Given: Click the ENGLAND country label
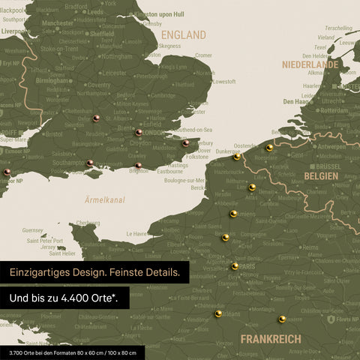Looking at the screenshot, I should click(184, 34).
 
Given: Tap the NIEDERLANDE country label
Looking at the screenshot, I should click(310, 64).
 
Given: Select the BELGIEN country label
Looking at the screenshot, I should click(321, 175).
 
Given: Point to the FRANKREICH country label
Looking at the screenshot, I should click(271, 339).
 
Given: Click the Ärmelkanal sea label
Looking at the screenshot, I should click(104, 200).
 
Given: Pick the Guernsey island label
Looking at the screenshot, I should click(33, 230).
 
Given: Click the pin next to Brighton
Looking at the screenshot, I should click(138, 166).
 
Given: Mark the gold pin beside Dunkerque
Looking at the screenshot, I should click(237, 157).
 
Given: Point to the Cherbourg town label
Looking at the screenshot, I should click(88, 223).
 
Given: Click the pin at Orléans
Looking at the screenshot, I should click(218, 313).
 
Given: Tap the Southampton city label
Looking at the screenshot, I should click(67, 162).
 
